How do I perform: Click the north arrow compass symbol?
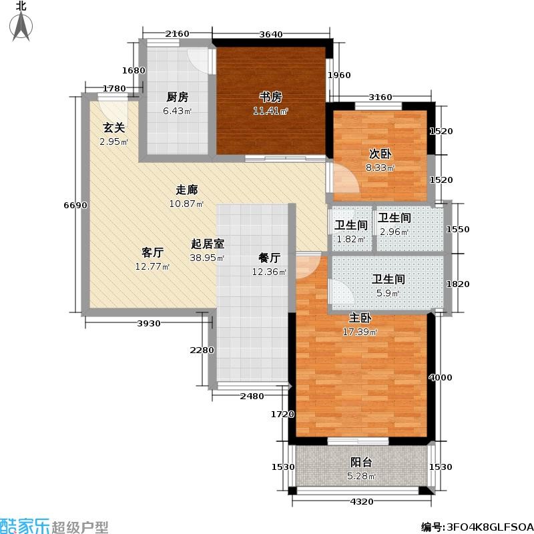point(21,25)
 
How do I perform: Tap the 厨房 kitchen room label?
point(178,97)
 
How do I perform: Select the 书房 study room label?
point(270,97)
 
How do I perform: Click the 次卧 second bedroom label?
point(380,154)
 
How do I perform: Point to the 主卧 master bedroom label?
point(360,318)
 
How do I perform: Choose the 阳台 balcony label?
point(361,462)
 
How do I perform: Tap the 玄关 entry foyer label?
point(113,128)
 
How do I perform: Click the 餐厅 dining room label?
point(269,258)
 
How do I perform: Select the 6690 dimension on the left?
point(75,206)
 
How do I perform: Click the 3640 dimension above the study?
point(271,34)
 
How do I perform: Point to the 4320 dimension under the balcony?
point(362,501)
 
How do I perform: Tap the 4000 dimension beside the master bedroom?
point(441,377)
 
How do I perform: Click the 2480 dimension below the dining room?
point(252,396)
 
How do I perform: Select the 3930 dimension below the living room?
point(149,324)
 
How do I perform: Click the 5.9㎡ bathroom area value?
point(388,293)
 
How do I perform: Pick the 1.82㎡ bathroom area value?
point(351,239)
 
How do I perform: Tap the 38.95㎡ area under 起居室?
point(207,258)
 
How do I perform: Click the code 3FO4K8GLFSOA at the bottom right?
point(488,527)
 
